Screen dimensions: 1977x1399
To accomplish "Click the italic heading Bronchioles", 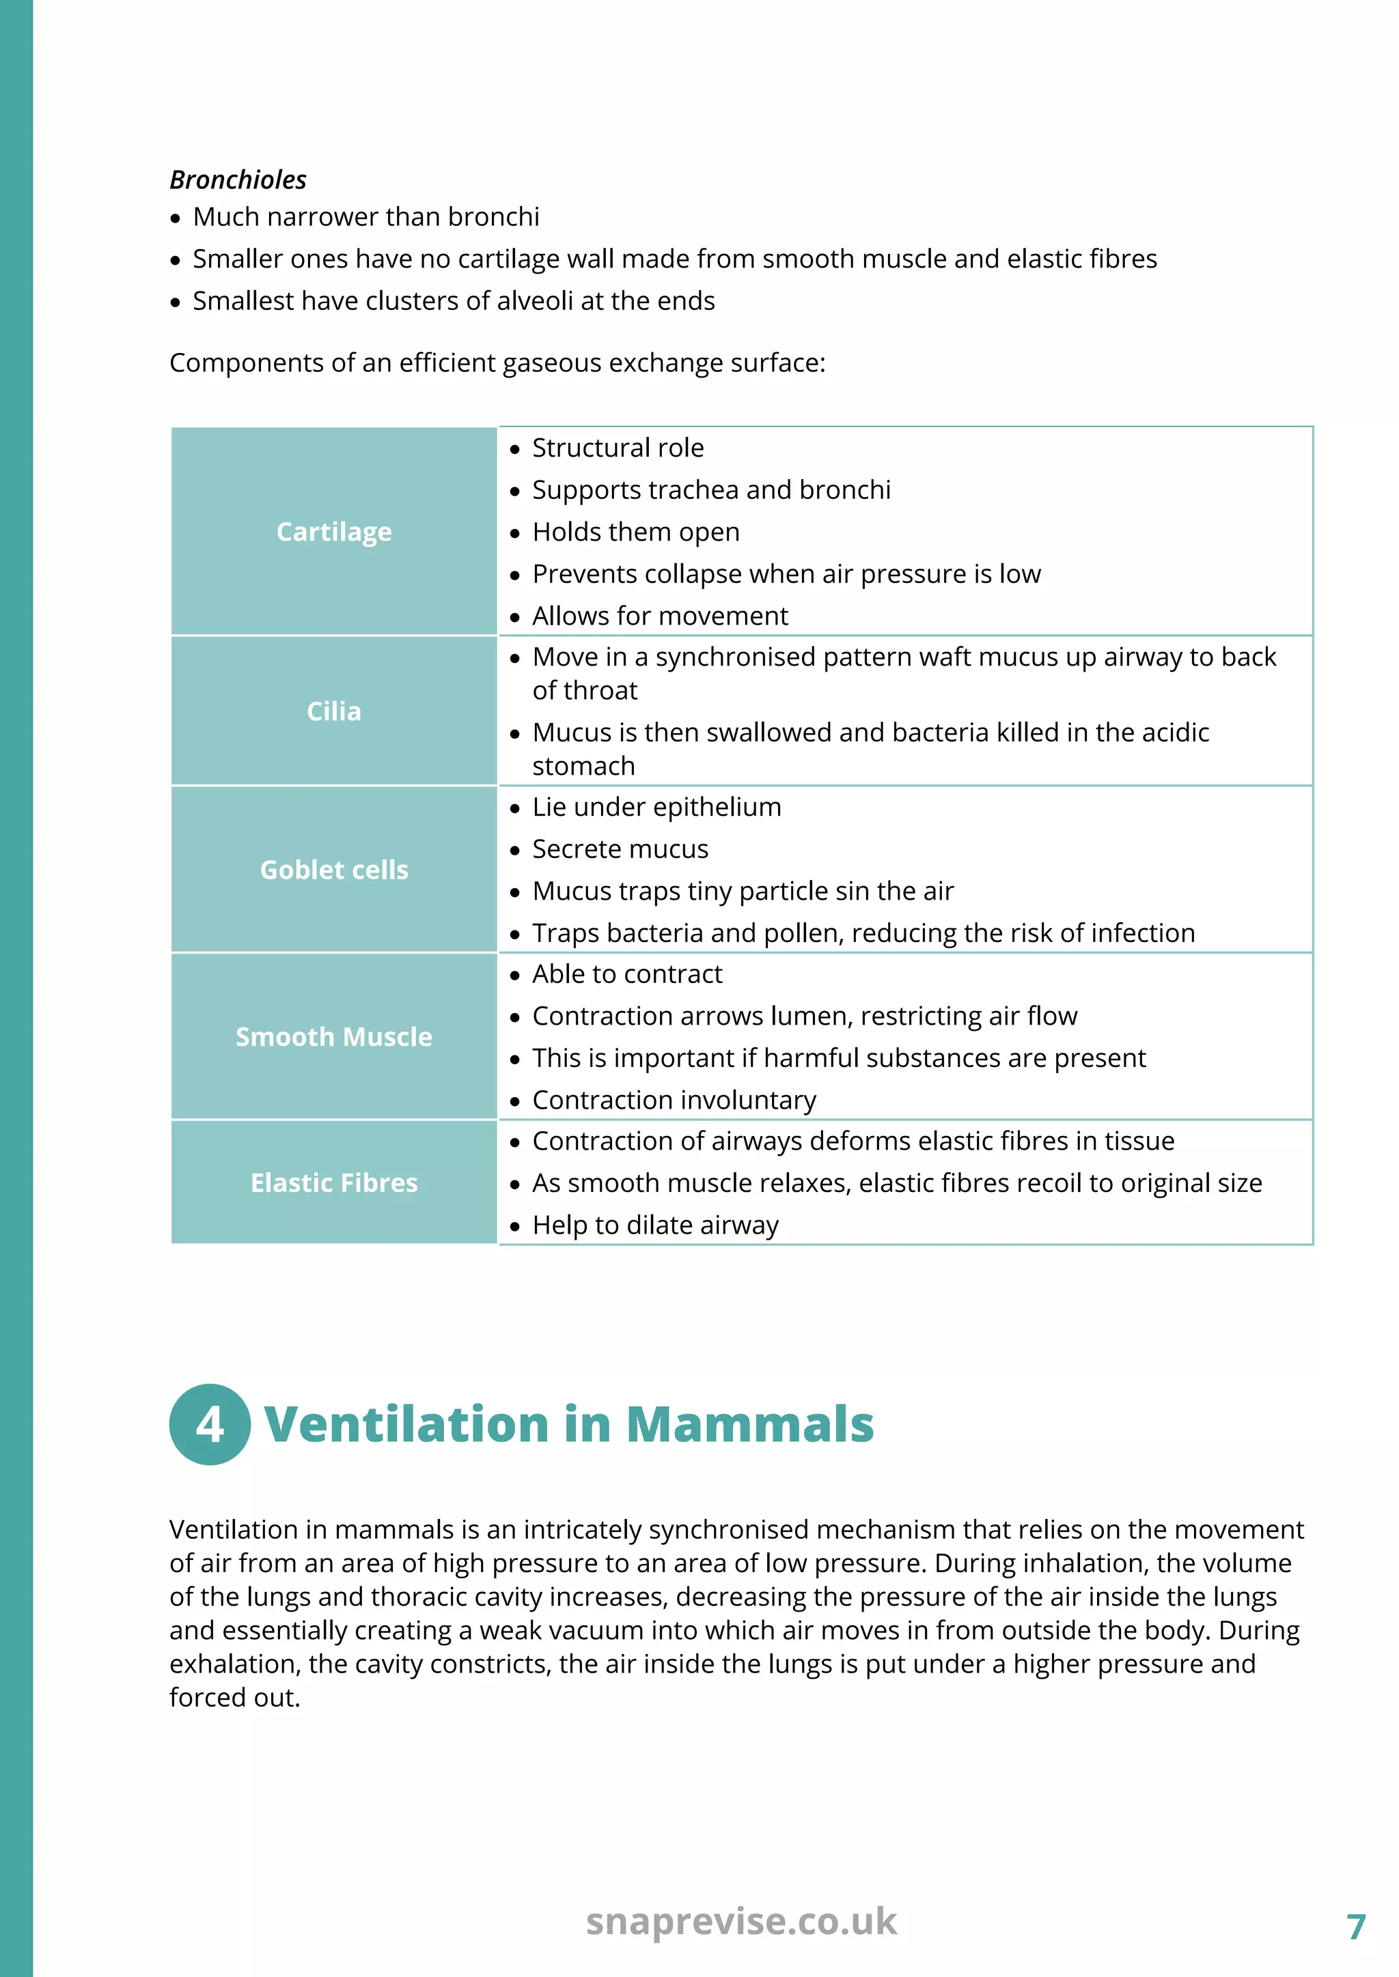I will click(x=238, y=180).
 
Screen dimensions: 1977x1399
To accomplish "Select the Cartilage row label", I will click(x=333, y=532).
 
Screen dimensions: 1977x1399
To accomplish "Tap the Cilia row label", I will click(x=333, y=711).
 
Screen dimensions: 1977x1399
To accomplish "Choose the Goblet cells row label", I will click(x=333, y=870).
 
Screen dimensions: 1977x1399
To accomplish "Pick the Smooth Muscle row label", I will click(x=333, y=1037).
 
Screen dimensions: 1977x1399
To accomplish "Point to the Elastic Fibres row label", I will click(x=333, y=1183).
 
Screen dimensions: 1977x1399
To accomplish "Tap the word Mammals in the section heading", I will click(x=749, y=1424).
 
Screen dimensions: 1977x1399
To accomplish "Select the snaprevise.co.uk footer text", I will click(x=741, y=1921).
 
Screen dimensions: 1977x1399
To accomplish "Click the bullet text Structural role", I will click(x=618, y=448).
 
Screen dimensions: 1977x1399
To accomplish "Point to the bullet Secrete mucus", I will click(x=620, y=849).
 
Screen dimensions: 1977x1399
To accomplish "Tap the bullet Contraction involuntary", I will click(x=674, y=1100).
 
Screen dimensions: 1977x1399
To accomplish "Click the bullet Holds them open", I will click(x=636, y=532).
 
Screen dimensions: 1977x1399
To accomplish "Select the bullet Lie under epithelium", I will click(x=656, y=807).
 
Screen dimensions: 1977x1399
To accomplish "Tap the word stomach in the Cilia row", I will click(x=583, y=767).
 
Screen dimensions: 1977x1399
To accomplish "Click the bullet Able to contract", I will click(x=627, y=974).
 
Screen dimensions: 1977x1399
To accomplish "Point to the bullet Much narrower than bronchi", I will click(x=366, y=217).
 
